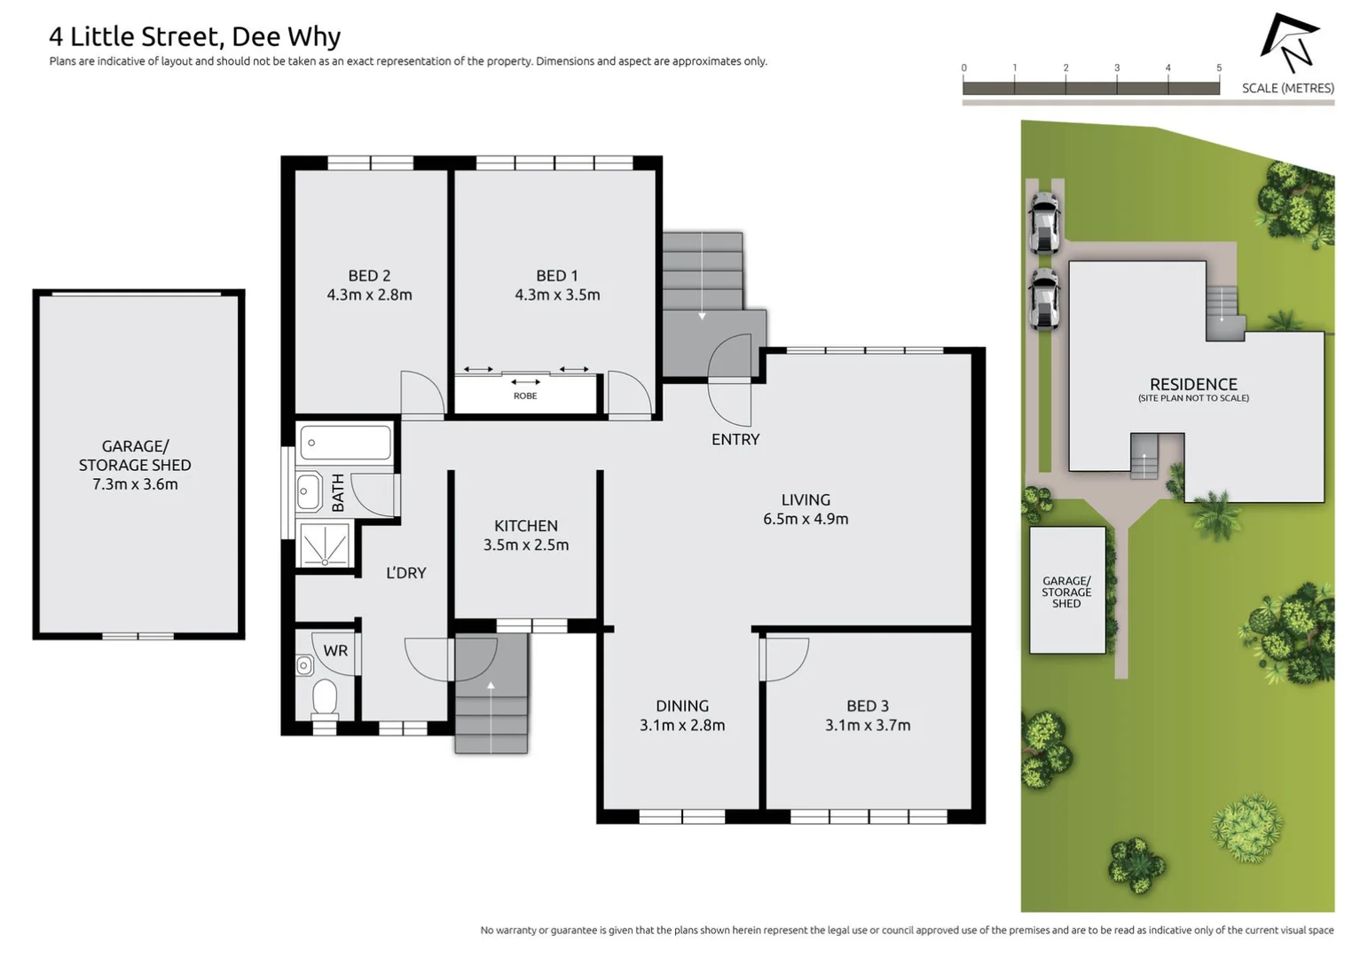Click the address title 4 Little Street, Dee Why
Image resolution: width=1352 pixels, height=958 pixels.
pos(194,36)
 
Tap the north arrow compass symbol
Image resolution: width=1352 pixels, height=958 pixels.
pos(1291,43)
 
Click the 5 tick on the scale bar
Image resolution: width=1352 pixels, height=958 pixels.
pos(1219,68)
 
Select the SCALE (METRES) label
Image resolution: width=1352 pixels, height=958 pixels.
pos(1287,88)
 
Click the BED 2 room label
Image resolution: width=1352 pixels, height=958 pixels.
pos(369,276)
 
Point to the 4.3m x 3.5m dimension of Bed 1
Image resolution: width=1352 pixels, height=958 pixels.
pos(557,295)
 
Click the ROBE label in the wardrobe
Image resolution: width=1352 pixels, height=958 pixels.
pos(525,396)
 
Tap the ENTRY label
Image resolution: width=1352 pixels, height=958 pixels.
pos(735,439)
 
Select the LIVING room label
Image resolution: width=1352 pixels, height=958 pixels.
pos(806,500)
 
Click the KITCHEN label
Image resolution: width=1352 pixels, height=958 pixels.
pos(526,526)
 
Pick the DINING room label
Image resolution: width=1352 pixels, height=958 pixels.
pos(682,706)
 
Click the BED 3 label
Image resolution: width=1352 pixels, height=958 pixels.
pos(868,706)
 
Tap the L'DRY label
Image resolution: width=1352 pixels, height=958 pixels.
pos(406,573)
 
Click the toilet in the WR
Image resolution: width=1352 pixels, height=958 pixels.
pos(325,697)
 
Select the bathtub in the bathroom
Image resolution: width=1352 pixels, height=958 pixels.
pos(346,442)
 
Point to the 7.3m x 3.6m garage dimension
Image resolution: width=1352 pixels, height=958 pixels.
pos(135,484)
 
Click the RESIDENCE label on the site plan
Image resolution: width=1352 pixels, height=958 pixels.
pos(1193,384)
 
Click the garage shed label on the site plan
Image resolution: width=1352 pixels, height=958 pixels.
pos(1066,592)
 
